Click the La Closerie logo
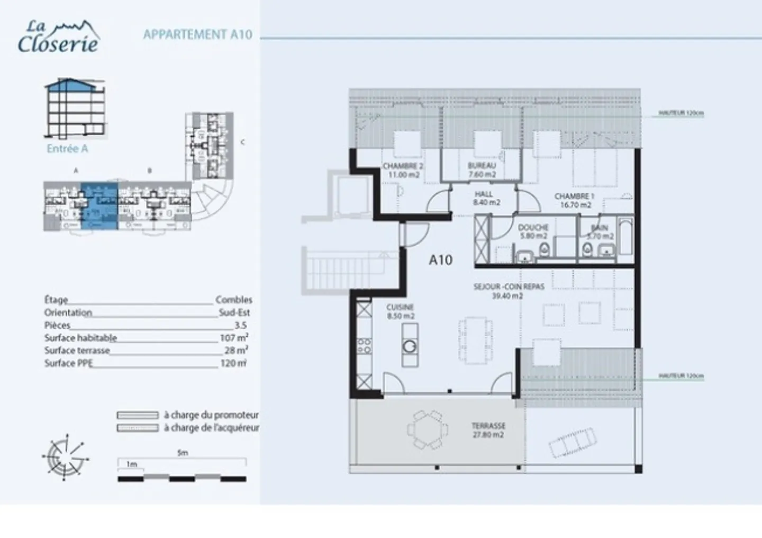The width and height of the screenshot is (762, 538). click(58, 37)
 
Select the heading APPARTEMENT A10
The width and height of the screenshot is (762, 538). click(197, 35)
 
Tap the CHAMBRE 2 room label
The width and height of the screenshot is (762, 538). click(403, 170)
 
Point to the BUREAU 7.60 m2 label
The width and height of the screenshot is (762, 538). click(482, 170)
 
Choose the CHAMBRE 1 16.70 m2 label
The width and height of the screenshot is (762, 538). click(575, 200)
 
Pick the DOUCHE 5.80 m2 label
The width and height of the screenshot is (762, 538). click(533, 231)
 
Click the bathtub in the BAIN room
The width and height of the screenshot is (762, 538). click(625, 236)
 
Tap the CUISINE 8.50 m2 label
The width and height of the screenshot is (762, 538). click(400, 311)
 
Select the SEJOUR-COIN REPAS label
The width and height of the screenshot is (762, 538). click(501, 291)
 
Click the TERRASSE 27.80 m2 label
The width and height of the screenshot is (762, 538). click(488, 430)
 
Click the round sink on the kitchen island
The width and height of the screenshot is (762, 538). click(410, 346)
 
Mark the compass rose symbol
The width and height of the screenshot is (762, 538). click(65, 456)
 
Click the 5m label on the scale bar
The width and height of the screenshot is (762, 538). click(183, 453)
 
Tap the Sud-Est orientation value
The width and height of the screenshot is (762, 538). click(234, 312)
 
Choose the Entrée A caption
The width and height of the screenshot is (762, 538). click(67, 149)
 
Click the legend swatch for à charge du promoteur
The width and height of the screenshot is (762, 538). click(138, 415)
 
